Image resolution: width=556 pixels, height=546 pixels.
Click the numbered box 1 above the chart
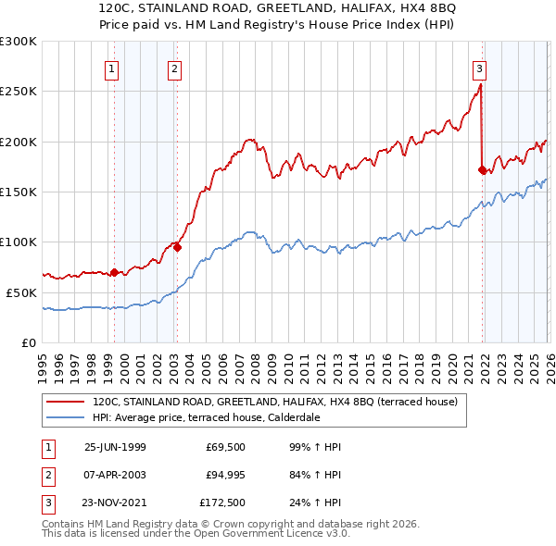tap(111, 67)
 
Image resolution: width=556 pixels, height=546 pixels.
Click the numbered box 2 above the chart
tap(174, 67)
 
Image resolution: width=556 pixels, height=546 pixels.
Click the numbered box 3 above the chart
tap(479, 67)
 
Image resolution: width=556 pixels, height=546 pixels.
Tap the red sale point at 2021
tap(482, 169)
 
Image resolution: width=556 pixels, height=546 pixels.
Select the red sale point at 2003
tap(177, 247)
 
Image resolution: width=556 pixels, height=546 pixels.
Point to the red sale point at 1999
tap(115, 272)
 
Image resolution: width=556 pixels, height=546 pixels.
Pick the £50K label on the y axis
tap(21, 292)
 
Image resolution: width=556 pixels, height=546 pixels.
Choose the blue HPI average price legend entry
tap(218, 417)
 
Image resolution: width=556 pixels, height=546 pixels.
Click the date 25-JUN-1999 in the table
tap(115, 447)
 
